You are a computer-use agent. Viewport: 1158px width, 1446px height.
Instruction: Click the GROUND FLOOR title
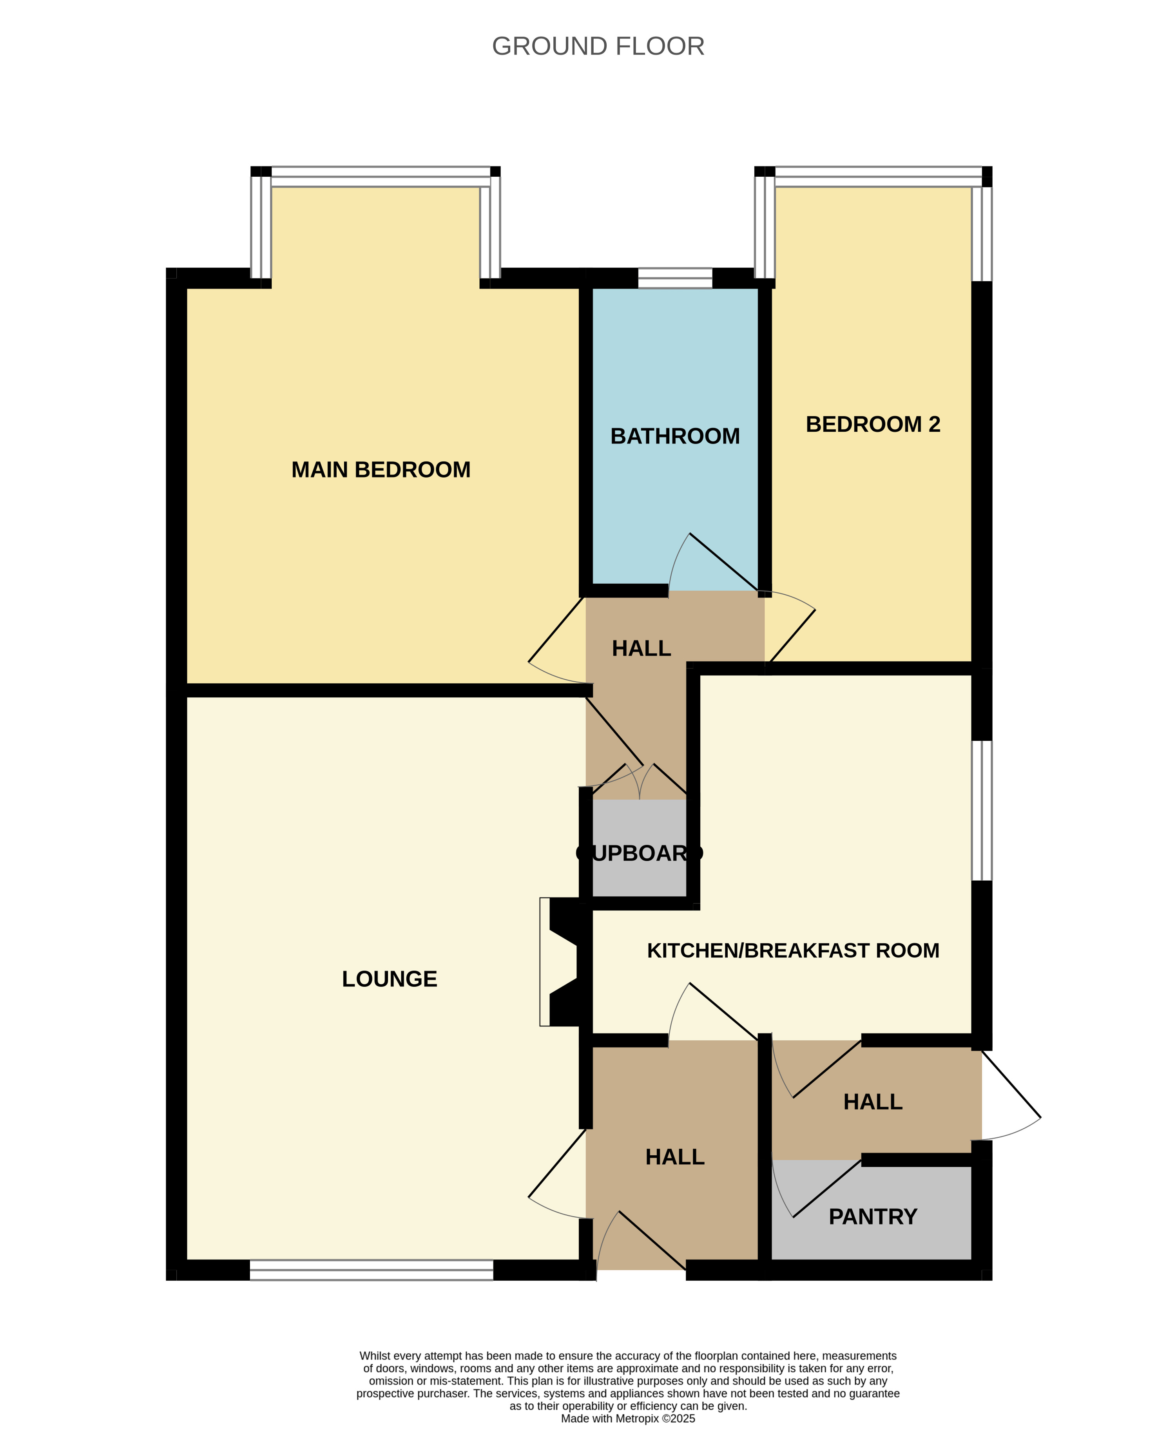click(598, 46)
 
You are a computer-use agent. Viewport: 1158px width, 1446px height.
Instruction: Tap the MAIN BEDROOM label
click(381, 469)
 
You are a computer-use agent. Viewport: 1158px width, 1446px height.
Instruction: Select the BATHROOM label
click(675, 436)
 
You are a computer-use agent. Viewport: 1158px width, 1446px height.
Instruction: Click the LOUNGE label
click(389, 979)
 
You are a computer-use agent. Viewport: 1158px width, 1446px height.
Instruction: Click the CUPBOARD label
click(640, 853)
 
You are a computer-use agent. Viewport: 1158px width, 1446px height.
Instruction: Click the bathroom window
click(674, 278)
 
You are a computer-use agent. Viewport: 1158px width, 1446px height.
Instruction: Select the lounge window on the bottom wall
click(372, 1270)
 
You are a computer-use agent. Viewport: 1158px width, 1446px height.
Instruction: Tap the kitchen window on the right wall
click(982, 810)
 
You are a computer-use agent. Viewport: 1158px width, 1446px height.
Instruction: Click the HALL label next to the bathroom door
click(642, 648)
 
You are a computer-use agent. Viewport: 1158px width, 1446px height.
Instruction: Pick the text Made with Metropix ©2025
click(628, 1419)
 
